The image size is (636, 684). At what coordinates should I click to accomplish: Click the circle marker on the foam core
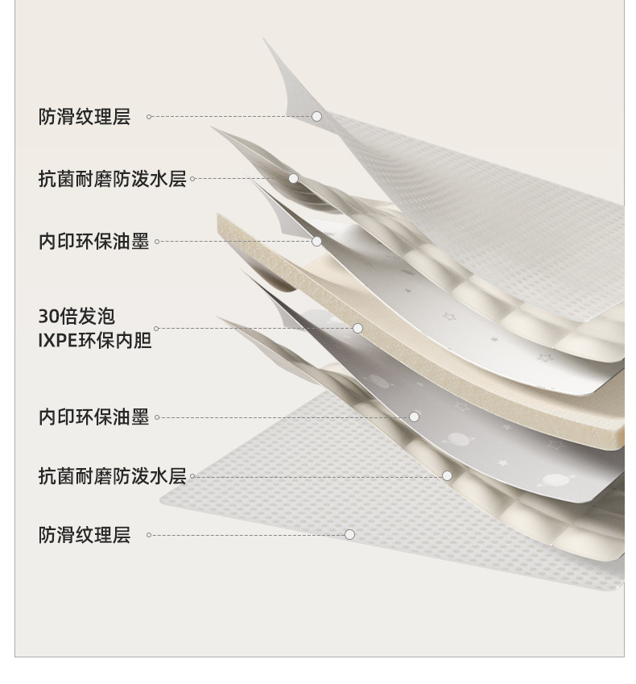pyautogui.click(x=357, y=328)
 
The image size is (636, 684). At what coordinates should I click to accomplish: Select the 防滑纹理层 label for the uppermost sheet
pyautogui.click(x=84, y=117)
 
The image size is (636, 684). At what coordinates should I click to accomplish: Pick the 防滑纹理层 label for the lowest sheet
pyautogui.click(x=84, y=535)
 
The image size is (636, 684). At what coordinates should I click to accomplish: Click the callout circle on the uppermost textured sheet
pyautogui.click(x=316, y=117)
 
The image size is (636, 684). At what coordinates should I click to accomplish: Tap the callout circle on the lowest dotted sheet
pyautogui.click(x=349, y=534)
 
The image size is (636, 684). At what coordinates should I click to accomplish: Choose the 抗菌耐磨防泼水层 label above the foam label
pyautogui.click(x=112, y=179)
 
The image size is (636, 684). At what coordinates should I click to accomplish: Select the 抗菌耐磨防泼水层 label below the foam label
pyautogui.click(x=112, y=476)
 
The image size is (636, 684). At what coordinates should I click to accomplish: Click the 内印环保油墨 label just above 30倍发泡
pyautogui.click(x=93, y=242)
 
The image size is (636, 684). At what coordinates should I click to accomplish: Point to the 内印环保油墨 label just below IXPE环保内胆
pyautogui.click(x=93, y=417)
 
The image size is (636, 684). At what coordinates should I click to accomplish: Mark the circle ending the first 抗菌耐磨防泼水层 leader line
pyautogui.click(x=294, y=179)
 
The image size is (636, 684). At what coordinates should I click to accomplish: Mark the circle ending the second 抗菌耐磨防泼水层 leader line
pyautogui.click(x=447, y=476)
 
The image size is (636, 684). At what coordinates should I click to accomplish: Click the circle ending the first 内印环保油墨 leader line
pyautogui.click(x=316, y=241)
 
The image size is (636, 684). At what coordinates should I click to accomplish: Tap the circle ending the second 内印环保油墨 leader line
pyautogui.click(x=414, y=417)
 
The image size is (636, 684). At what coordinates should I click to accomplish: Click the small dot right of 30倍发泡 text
pyautogui.click(x=156, y=329)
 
